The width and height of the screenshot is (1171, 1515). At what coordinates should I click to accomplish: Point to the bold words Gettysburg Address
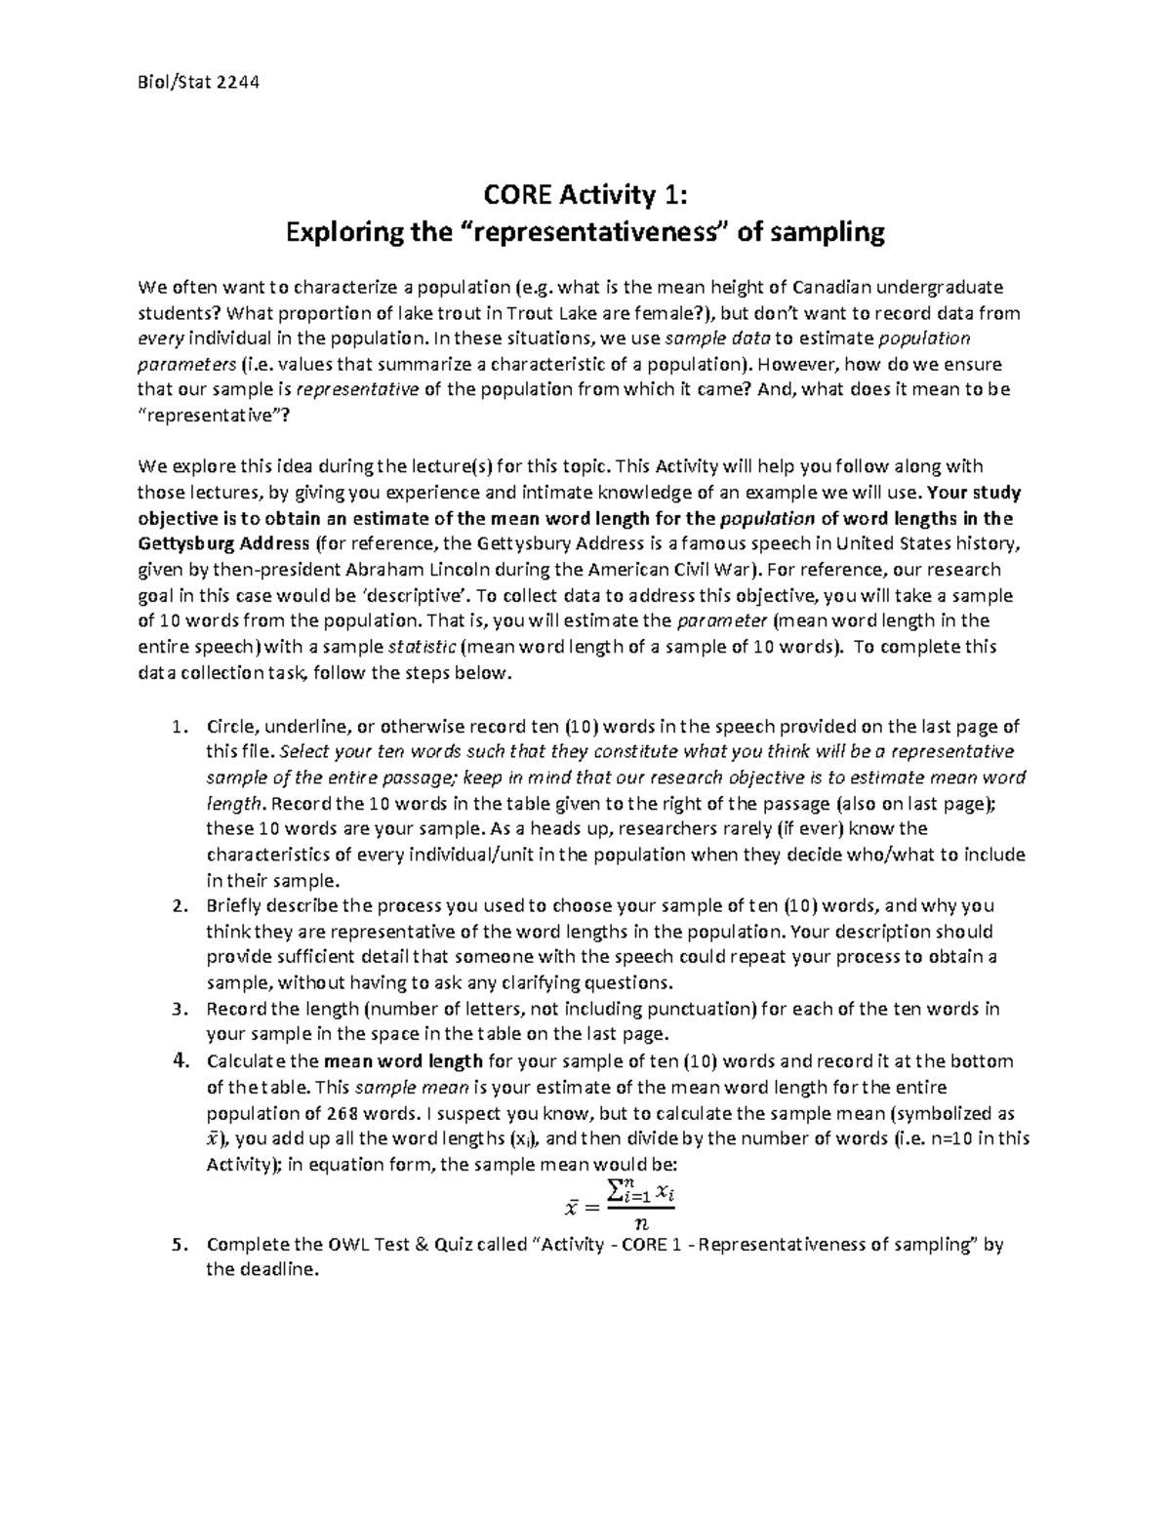click(226, 543)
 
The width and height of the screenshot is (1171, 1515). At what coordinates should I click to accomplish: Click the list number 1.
click(177, 727)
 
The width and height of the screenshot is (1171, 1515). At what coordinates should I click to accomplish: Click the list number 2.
click(177, 906)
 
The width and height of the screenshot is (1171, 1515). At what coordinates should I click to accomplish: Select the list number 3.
click(177, 1009)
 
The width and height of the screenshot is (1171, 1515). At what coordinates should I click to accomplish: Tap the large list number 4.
click(178, 1060)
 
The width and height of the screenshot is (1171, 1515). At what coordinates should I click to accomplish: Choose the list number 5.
click(177, 1245)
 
